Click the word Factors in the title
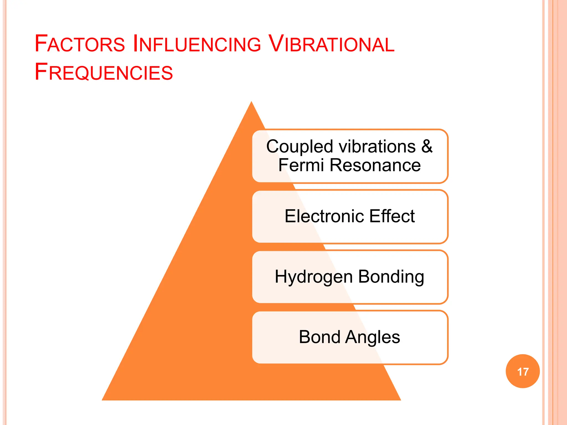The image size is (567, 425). [x=80, y=44]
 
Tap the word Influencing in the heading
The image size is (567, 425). [x=197, y=44]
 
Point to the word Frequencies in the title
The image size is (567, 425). [x=104, y=72]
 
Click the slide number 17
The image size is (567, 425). [x=523, y=372]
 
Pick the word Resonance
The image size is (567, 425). [x=375, y=165]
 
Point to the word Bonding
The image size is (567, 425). [x=391, y=277]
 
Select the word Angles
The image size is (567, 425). [x=373, y=337]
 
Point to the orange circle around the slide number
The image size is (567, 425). [x=523, y=360]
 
